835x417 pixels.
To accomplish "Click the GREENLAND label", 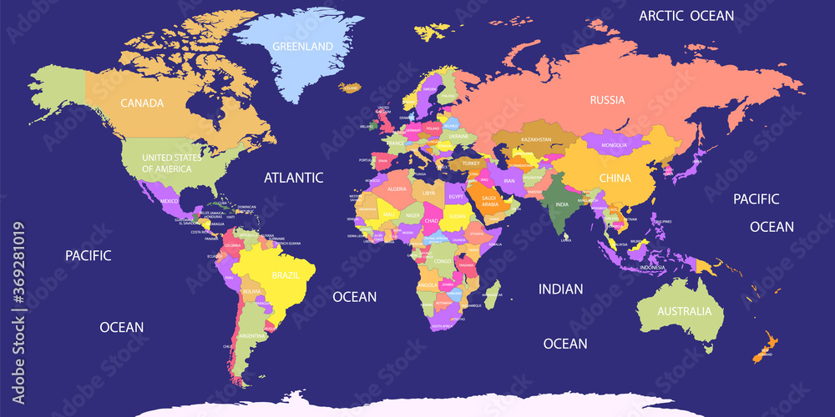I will click(302, 46).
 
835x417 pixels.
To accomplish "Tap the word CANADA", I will click(141, 103).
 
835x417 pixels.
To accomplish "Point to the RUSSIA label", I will click(607, 100).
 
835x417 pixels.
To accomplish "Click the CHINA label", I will click(615, 178).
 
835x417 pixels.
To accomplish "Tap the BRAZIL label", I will click(286, 274).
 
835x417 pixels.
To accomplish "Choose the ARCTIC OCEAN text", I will click(686, 15).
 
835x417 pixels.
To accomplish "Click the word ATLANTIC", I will click(293, 177).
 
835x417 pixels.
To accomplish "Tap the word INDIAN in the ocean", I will click(560, 289).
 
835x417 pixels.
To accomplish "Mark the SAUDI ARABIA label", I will click(488, 201).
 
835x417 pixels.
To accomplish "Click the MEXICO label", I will click(170, 201).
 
